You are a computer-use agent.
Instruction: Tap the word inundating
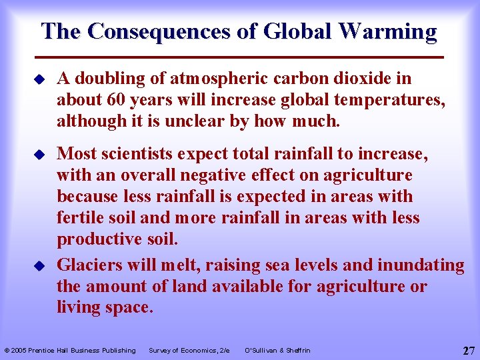(421, 265)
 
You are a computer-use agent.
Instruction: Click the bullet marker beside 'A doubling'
(39, 79)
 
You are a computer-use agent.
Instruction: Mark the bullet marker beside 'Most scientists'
(39, 155)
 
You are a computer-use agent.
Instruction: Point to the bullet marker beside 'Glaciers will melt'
(39, 265)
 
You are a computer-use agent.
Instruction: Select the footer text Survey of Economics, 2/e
(189, 350)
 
